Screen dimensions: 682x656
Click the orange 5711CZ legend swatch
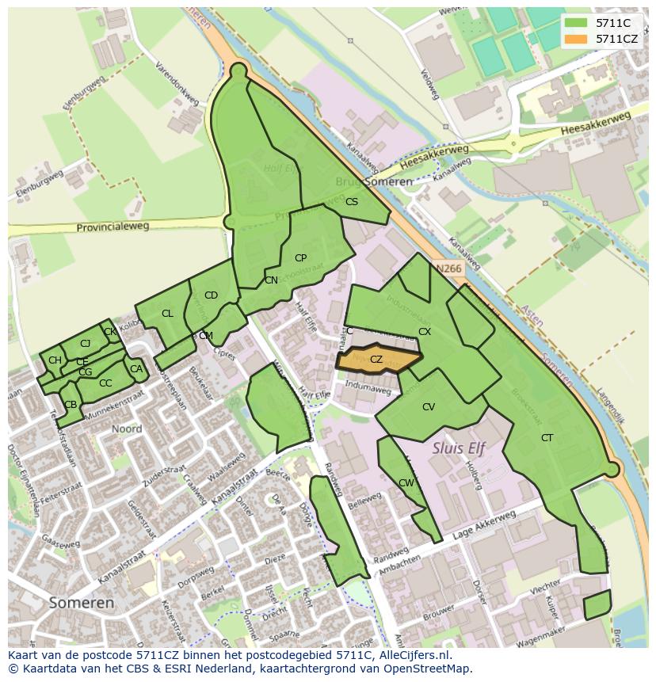(x=577, y=38)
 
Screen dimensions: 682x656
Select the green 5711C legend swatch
(x=577, y=22)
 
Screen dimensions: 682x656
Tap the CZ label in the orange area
(x=376, y=360)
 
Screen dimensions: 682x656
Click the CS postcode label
(x=352, y=202)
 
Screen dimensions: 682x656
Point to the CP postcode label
(x=300, y=258)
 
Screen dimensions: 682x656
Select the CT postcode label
(x=547, y=438)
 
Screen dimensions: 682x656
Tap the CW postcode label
(x=406, y=483)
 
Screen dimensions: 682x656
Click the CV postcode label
(x=429, y=407)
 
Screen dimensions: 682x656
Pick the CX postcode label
(x=425, y=332)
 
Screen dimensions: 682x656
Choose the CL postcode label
(x=167, y=314)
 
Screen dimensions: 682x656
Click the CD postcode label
(x=211, y=295)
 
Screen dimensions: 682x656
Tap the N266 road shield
(x=448, y=269)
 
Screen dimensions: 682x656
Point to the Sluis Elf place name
(x=459, y=448)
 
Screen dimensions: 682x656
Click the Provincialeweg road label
(x=113, y=227)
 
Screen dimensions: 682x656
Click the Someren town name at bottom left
(x=81, y=602)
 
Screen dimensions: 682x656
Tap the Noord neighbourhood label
(x=127, y=429)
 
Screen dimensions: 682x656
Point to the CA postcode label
(x=136, y=369)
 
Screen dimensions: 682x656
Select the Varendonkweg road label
(x=177, y=83)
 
